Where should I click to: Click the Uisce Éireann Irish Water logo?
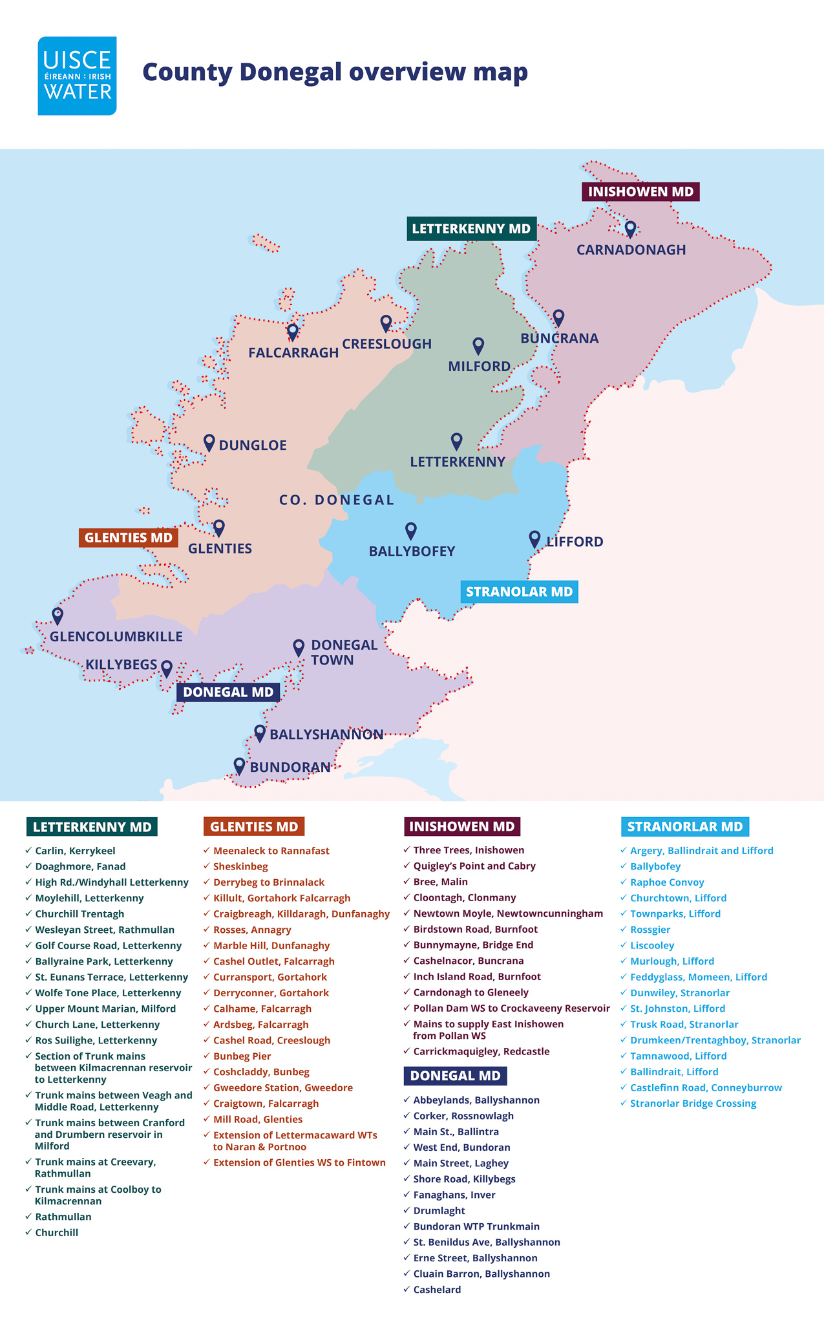[77, 76]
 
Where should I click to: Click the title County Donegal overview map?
[335, 72]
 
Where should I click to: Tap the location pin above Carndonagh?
[630, 229]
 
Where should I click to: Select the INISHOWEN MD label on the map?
[640, 191]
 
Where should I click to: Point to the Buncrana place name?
[560, 338]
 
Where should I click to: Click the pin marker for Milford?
[478, 346]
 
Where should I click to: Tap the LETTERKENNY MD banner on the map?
[471, 228]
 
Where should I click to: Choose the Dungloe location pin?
[209, 443]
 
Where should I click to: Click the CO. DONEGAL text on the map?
[337, 500]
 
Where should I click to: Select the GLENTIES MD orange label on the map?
[129, 537]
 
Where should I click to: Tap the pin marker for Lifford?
[534, 539]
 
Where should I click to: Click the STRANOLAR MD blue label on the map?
[519, 592]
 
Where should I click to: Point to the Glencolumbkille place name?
[116, 636]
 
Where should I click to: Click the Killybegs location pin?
[166, 668]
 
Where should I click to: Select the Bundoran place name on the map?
[290, 767]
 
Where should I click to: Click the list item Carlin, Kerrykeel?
[75, 851]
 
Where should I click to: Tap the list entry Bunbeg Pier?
[242, 1056]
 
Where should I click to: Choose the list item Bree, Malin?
[440, 882]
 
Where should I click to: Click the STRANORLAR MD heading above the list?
[685, 826]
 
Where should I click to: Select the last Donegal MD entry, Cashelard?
[437, 1290]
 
